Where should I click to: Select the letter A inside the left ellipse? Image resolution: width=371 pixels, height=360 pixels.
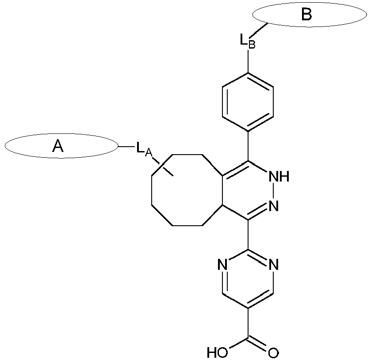coord(58,146)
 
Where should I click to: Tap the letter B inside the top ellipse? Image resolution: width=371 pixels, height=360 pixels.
coord(306,15)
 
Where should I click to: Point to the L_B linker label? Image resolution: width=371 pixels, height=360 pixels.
coord(247,41)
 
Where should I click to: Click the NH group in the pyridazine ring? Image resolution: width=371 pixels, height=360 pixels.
coord(279,177)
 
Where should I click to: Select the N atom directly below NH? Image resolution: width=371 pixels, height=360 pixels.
coord(274,205)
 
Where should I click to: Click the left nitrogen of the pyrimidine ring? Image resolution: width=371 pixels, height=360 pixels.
coord(223,265)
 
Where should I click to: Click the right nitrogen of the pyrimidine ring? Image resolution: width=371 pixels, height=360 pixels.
coord(274,265)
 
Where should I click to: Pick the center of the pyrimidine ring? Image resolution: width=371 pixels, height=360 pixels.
coord(248,279)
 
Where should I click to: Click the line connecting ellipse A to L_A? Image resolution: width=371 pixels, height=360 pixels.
coord(126,146)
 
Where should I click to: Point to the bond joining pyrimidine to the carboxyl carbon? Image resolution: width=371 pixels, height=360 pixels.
coord(248,322)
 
